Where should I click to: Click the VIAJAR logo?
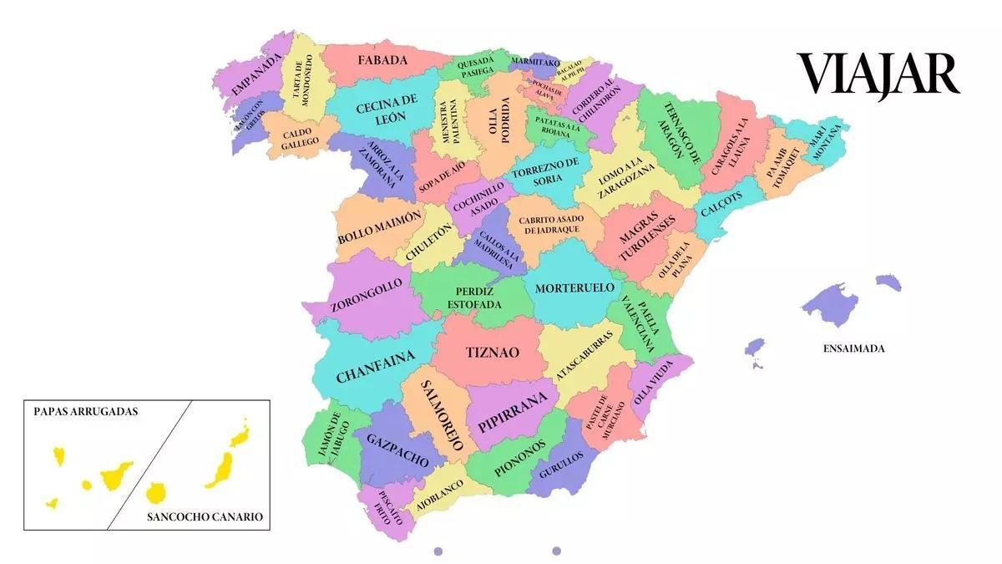pos(878,74)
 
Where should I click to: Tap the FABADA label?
pos(382,60)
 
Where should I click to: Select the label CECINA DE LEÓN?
pos(386,109)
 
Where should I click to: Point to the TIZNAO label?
pos(492,353)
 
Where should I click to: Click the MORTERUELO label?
pos(574,288)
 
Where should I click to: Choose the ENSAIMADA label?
pos(853,348)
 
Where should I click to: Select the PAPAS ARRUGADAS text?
pos(86,412)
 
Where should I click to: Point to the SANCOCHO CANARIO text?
pos(205,517)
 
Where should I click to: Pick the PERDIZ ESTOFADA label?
pos(474,297)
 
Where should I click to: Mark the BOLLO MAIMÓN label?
pos(380,227)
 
